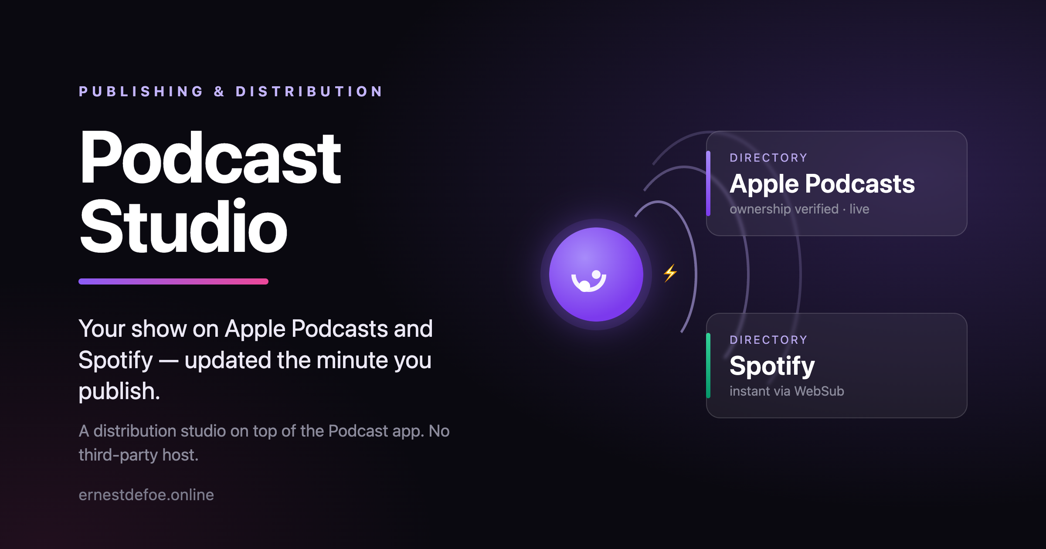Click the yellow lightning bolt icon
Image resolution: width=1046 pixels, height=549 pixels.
coord(670,273)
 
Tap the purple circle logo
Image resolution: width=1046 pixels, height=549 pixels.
coord(596,274)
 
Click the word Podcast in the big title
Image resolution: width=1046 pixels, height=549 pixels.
coord(211,158)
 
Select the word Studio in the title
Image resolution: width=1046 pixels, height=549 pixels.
coord(183,226)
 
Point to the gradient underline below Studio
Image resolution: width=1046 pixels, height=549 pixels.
coord(173,281)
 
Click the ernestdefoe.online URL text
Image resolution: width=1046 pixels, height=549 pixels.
coord(146,495)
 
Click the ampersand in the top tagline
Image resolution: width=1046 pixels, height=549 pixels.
coord(219,91)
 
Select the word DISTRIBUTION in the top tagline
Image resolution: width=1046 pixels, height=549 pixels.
coord(309,91)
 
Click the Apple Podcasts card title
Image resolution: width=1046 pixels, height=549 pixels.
coord(822,184)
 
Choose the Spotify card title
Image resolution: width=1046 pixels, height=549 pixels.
coord(772,366)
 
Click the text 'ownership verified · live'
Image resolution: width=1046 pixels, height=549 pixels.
coord(799,209)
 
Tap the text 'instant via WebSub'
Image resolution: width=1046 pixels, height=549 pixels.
coord(787,391)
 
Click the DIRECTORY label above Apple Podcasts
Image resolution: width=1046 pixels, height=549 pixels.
coord(769,158)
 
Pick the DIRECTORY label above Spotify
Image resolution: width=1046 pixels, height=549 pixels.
coord(769,340)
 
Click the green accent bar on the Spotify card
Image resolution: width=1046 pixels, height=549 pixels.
coord(708,366)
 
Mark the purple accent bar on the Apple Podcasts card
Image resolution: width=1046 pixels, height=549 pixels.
coord(708,183)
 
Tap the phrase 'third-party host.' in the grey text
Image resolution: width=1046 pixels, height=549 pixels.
coord(139,455)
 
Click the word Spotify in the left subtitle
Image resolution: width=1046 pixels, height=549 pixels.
coord(116,361)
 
